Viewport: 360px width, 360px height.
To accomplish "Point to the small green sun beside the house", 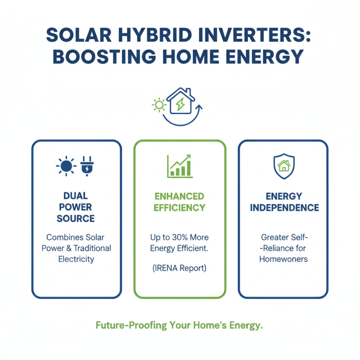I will coord(159,105).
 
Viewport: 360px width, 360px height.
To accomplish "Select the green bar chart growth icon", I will coord(179,166).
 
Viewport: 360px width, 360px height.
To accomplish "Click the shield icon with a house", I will coord(283,166).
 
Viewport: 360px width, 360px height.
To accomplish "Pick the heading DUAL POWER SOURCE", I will coord(76,207).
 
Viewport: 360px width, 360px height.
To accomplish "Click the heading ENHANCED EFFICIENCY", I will coord(180,202).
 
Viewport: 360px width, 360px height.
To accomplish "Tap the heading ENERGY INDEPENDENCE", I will coord(284,202).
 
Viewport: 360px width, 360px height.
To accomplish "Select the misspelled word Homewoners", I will coord(283,260).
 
